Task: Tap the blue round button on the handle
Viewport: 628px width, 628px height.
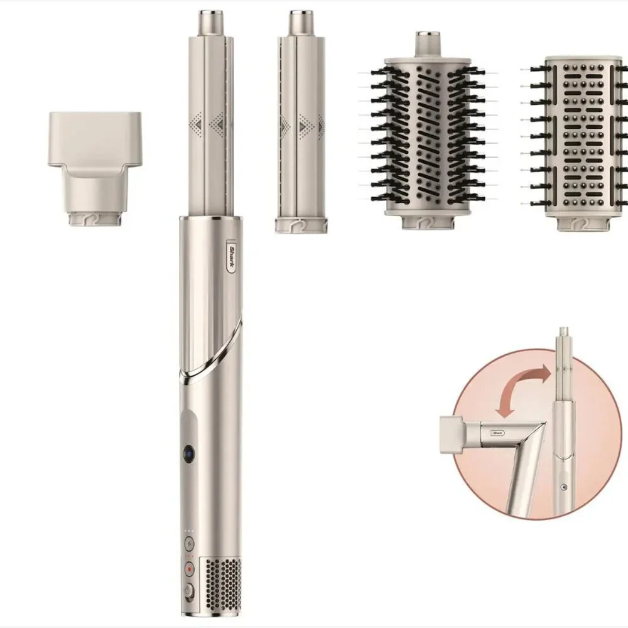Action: pos(190,453)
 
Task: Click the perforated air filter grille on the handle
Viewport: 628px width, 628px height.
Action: pos(223,585)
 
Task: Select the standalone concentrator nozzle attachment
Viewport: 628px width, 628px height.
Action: pos(95,168)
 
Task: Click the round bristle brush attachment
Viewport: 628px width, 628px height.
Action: pos(428,130)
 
